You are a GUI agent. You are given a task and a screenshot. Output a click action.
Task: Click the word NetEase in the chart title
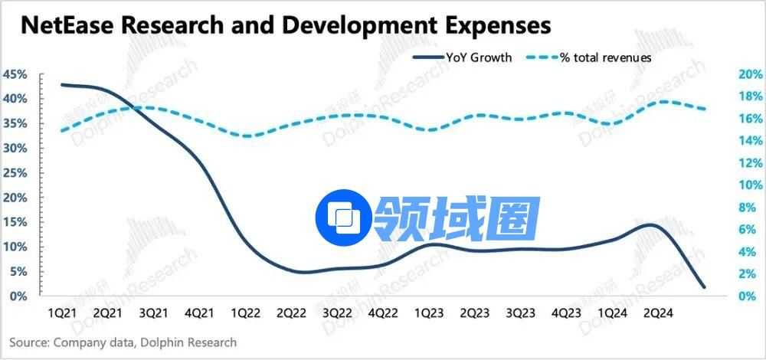click(66, 25)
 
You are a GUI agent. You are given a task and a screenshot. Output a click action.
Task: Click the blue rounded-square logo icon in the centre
click(344, 218)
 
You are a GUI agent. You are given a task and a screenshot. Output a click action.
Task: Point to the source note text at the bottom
click(123, 342)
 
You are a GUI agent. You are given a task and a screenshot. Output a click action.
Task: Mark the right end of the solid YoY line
click(704, 287)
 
